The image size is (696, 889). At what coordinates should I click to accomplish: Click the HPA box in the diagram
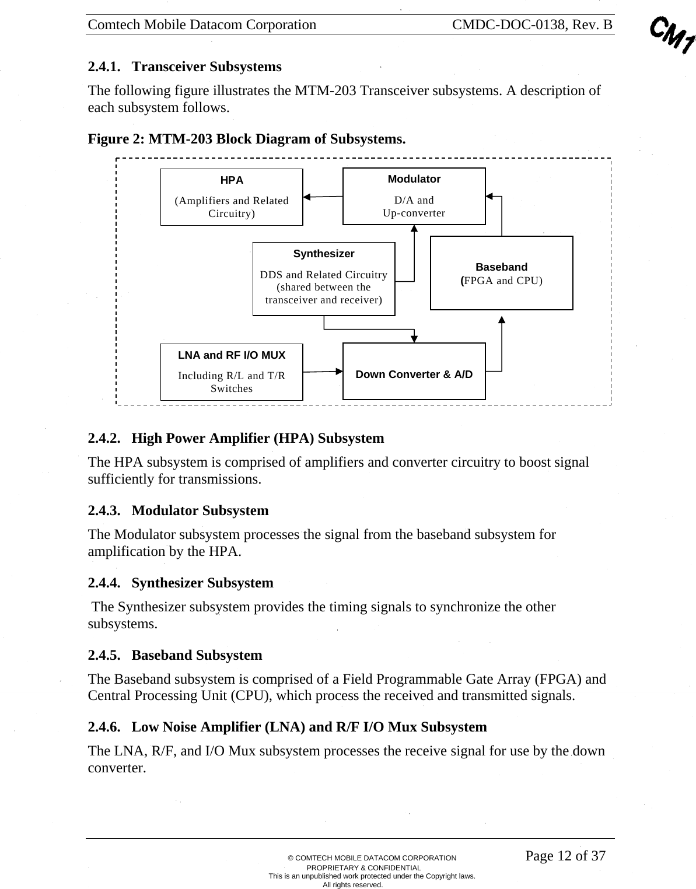click(232, 197)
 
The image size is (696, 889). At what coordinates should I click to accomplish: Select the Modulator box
click(414, 196)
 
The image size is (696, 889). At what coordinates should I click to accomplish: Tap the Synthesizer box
click(324, 279)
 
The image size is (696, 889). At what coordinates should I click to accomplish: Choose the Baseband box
click(501, 273)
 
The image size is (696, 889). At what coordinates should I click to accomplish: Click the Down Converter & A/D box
click(414, 372)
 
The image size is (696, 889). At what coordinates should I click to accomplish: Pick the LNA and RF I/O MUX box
click(232, 372)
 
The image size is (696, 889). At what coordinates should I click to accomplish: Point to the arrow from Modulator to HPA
click(323, 197)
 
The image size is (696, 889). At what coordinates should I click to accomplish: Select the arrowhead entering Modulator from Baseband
click(490, 197)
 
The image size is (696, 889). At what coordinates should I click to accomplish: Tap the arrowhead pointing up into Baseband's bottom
click(502, 320)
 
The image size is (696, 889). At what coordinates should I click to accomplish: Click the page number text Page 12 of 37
click(565, 856)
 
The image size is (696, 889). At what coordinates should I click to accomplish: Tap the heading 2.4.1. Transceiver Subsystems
click(184, 66)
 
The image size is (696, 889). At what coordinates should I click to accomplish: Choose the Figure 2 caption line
click(246, 139)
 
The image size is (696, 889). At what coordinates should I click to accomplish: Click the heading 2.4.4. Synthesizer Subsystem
click(180, 583)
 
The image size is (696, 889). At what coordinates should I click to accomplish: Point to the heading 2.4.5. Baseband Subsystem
click(175, 655)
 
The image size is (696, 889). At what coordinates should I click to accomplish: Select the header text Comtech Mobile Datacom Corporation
click(202, 25)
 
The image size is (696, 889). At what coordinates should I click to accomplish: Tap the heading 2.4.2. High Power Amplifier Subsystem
click(236, 438)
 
